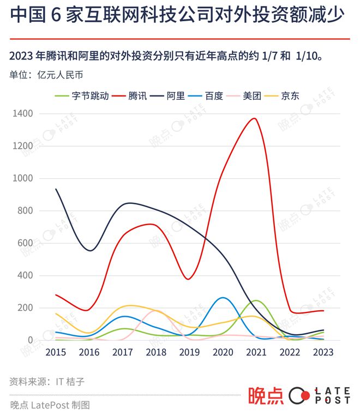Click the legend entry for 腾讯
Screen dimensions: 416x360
137,95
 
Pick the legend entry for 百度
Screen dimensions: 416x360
214,95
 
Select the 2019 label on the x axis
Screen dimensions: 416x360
189,352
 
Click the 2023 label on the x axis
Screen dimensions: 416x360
322,352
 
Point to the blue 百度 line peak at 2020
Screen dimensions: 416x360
223,298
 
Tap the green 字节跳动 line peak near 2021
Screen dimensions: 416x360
255,300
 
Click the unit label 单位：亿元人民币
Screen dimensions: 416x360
46,75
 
